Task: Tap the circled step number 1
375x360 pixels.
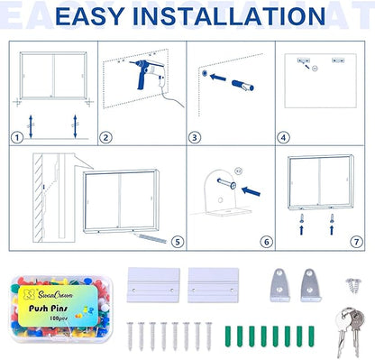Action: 16,138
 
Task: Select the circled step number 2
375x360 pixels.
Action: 105,138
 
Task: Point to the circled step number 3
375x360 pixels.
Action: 194,138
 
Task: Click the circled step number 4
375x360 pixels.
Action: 283,138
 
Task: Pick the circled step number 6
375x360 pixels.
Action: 266,242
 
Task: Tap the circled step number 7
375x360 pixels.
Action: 355,242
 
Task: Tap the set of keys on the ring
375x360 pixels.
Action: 346,326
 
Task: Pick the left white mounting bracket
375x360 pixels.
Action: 154,284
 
